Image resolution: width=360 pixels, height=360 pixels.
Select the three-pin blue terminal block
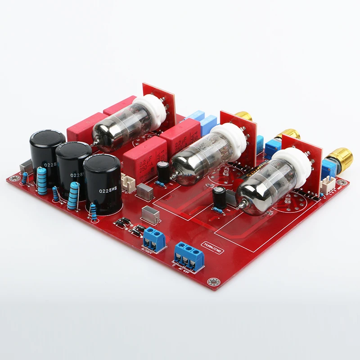coord(189,256)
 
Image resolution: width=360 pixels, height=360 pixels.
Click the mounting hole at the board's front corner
coord(212,282)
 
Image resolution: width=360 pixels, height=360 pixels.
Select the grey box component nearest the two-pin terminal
coord(150,215)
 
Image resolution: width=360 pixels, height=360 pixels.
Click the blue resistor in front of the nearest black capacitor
coord(94,211)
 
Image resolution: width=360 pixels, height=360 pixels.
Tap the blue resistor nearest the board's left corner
coord(42,180)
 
